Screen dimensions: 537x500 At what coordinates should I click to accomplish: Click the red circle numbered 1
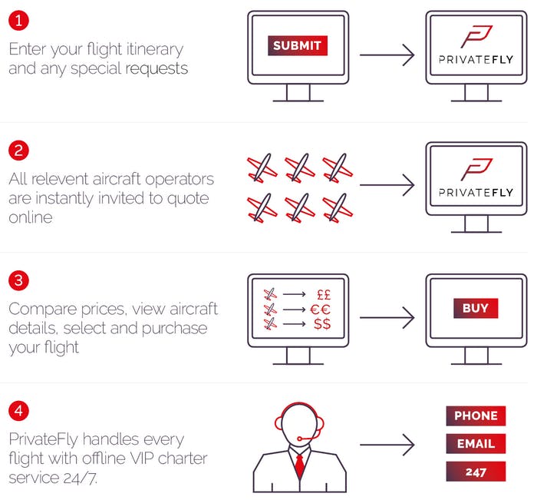point(18,21)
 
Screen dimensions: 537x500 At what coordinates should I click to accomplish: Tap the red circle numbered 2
point(18,151)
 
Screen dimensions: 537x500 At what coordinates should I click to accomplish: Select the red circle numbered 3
point(18,280)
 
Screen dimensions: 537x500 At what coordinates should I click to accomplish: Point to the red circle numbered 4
point(18,410)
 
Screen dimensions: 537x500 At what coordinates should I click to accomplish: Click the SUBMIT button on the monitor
point(298,45)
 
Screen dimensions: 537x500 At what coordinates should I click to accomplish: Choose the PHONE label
point(476,416)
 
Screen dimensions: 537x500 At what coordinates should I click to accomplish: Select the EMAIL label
point(476,443)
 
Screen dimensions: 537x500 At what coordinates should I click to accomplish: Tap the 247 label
point(476,472)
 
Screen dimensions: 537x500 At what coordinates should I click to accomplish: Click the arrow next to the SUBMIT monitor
point(387,55)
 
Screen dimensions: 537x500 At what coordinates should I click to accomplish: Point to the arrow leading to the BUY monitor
point(387,317)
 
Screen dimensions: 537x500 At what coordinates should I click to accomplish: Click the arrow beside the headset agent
point(387,445)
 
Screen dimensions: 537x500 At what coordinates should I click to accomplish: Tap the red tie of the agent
point(300,465)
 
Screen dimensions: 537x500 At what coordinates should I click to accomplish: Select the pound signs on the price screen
point(324,295)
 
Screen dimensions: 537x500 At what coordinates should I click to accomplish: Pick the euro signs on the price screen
point(320,310)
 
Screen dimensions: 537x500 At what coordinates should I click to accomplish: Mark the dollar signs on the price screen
point(322,323)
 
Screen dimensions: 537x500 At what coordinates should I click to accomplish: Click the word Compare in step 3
point(42,310)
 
